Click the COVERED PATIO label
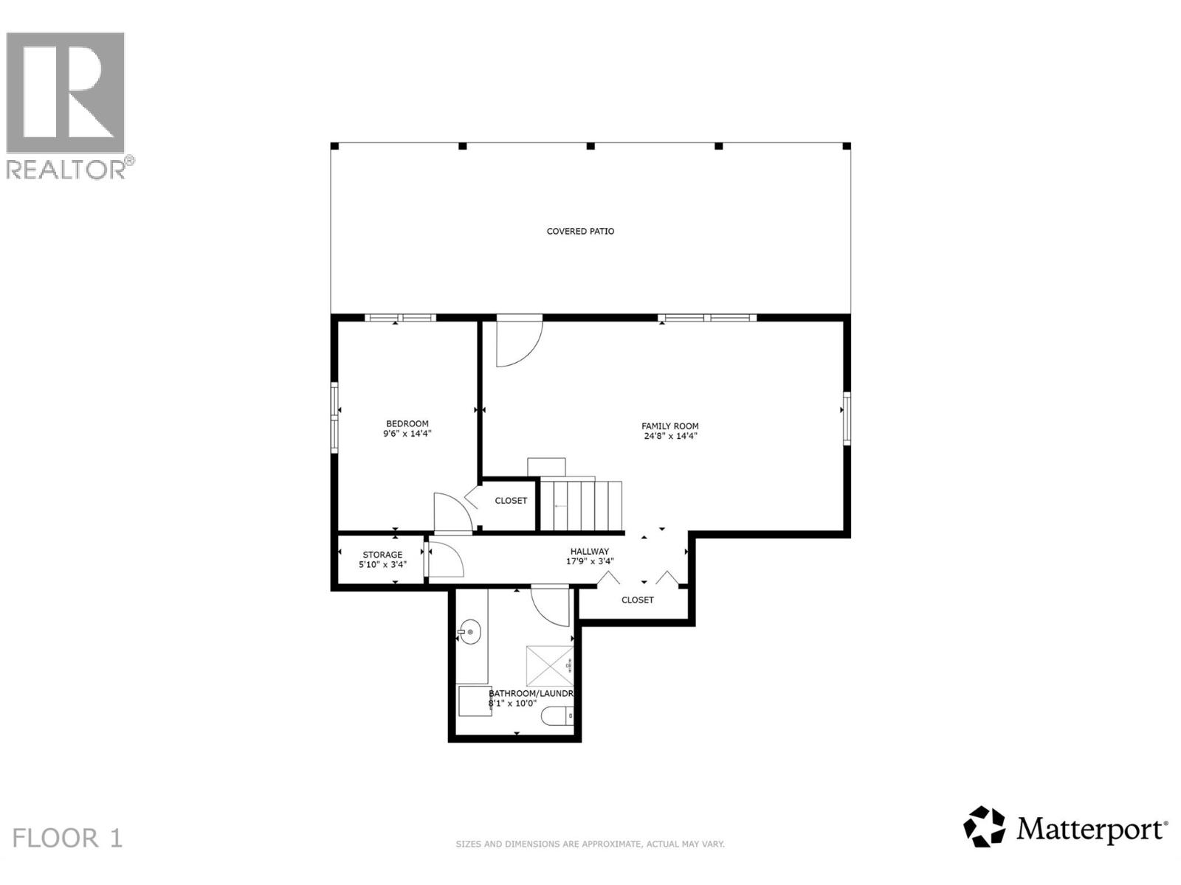(580, 232)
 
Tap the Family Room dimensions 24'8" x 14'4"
(670, 436)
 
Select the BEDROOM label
(407, 424)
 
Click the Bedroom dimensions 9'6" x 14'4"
(407, 434)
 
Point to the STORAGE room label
(382, 555)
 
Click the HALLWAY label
(589, 552)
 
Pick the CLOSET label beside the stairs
(511, 501)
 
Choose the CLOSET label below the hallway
(637, 600)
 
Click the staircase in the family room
(582, 505)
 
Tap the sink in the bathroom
(469, 632)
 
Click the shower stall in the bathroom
(549, 666)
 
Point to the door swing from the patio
(518, 342)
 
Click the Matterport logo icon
(984, 827)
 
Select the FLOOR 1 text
(67, 839)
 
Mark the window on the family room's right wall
(847, 418)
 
